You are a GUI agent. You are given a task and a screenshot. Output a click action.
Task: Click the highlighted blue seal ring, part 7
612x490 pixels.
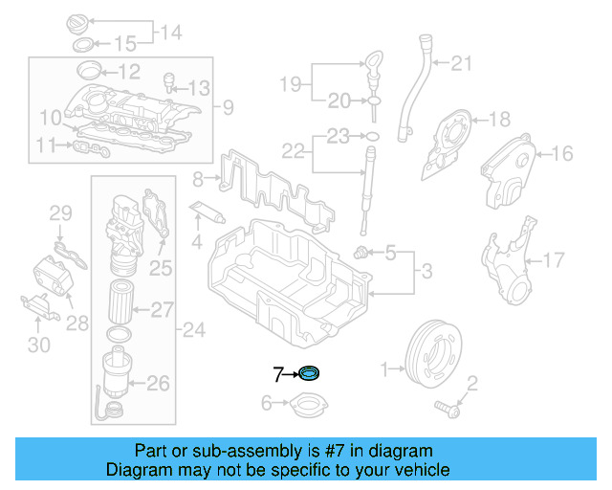click(310, 372)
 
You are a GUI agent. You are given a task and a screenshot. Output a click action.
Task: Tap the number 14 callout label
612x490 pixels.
click(170, 33)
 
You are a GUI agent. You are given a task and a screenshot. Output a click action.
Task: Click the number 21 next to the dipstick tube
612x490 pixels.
click(462, 64)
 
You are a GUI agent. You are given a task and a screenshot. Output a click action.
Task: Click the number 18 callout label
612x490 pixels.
click(501, 120)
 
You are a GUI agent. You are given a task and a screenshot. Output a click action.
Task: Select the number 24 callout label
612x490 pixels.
click(194, 331)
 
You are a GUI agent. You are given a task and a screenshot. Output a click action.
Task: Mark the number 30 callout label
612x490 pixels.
click(38, 344)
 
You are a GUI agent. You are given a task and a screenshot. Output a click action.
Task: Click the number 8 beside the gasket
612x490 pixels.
click(198, 179)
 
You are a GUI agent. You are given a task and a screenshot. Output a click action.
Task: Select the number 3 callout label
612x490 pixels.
click(427, 273)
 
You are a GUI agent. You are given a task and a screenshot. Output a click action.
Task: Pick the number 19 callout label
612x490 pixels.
click(291, 84)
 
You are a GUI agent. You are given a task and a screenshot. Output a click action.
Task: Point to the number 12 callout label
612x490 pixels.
click(129, 70)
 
